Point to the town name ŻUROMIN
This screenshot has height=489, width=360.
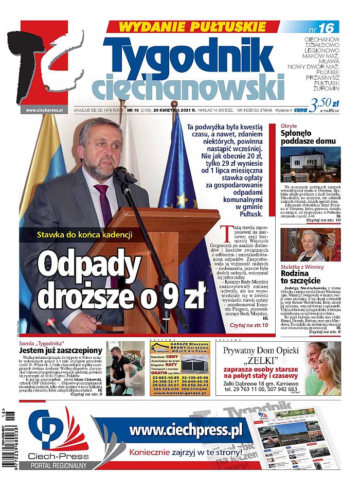tap(327, 89)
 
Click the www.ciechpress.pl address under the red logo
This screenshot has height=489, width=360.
tap(44, 110)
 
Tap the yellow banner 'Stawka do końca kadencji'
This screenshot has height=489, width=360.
tap(85, 235)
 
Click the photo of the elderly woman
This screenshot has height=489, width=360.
tap(310, 244)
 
